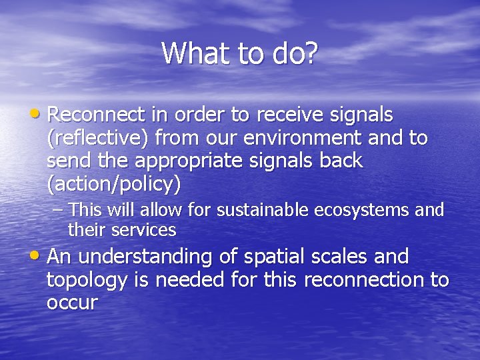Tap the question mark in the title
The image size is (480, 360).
pos(311,53)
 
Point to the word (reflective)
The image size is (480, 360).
pos(100,139)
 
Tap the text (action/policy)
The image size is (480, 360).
pos(113,183)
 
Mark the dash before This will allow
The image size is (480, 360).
pos(58,210)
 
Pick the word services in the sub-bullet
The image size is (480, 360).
pos(144,231)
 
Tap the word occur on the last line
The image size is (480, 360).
pos(72,303)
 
